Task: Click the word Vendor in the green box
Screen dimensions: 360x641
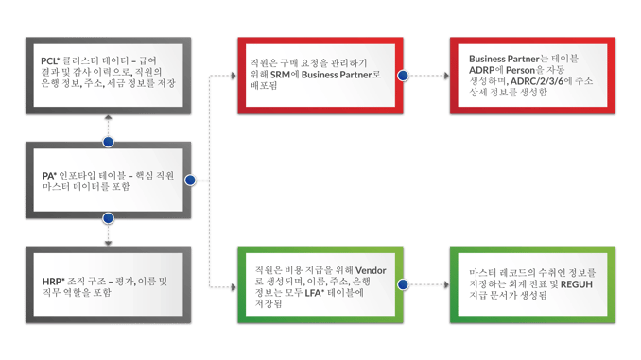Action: tap(370, 270)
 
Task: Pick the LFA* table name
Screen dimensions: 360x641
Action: tap(318, 293)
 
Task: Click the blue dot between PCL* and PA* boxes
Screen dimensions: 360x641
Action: tap(108, 142)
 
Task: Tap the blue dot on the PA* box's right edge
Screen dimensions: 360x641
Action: tap(190, 180)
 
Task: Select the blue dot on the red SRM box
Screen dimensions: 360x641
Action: tap(404, 75)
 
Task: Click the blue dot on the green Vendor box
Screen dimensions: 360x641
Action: tap(404, 283)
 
